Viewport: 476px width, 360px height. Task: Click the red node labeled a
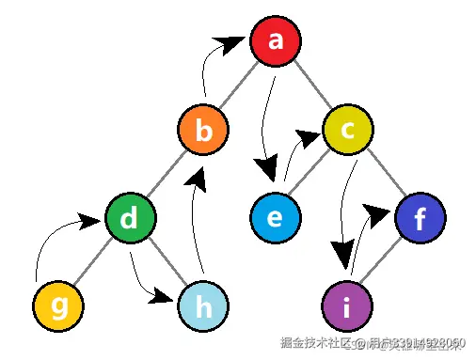point(276,40)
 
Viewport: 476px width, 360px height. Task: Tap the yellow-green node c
point(347,132)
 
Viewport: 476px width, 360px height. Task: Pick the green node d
point(131,218)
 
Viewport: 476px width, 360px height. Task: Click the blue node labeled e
point(276,218)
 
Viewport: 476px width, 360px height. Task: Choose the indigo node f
point(420,218)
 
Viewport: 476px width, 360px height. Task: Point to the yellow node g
point(58,305)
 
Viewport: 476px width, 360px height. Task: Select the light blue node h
point(203,305)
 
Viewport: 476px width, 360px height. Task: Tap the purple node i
point(347,305)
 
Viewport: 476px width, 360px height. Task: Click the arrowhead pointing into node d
point(89,222)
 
